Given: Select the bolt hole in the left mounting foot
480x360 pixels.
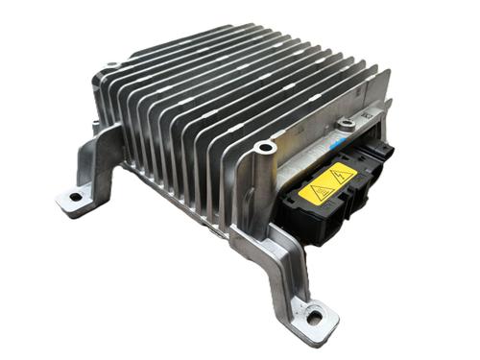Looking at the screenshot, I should coord(74,198).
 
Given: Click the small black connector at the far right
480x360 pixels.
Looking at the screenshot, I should coord(385,154).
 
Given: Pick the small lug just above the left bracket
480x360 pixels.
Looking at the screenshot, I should coord(98,126).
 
